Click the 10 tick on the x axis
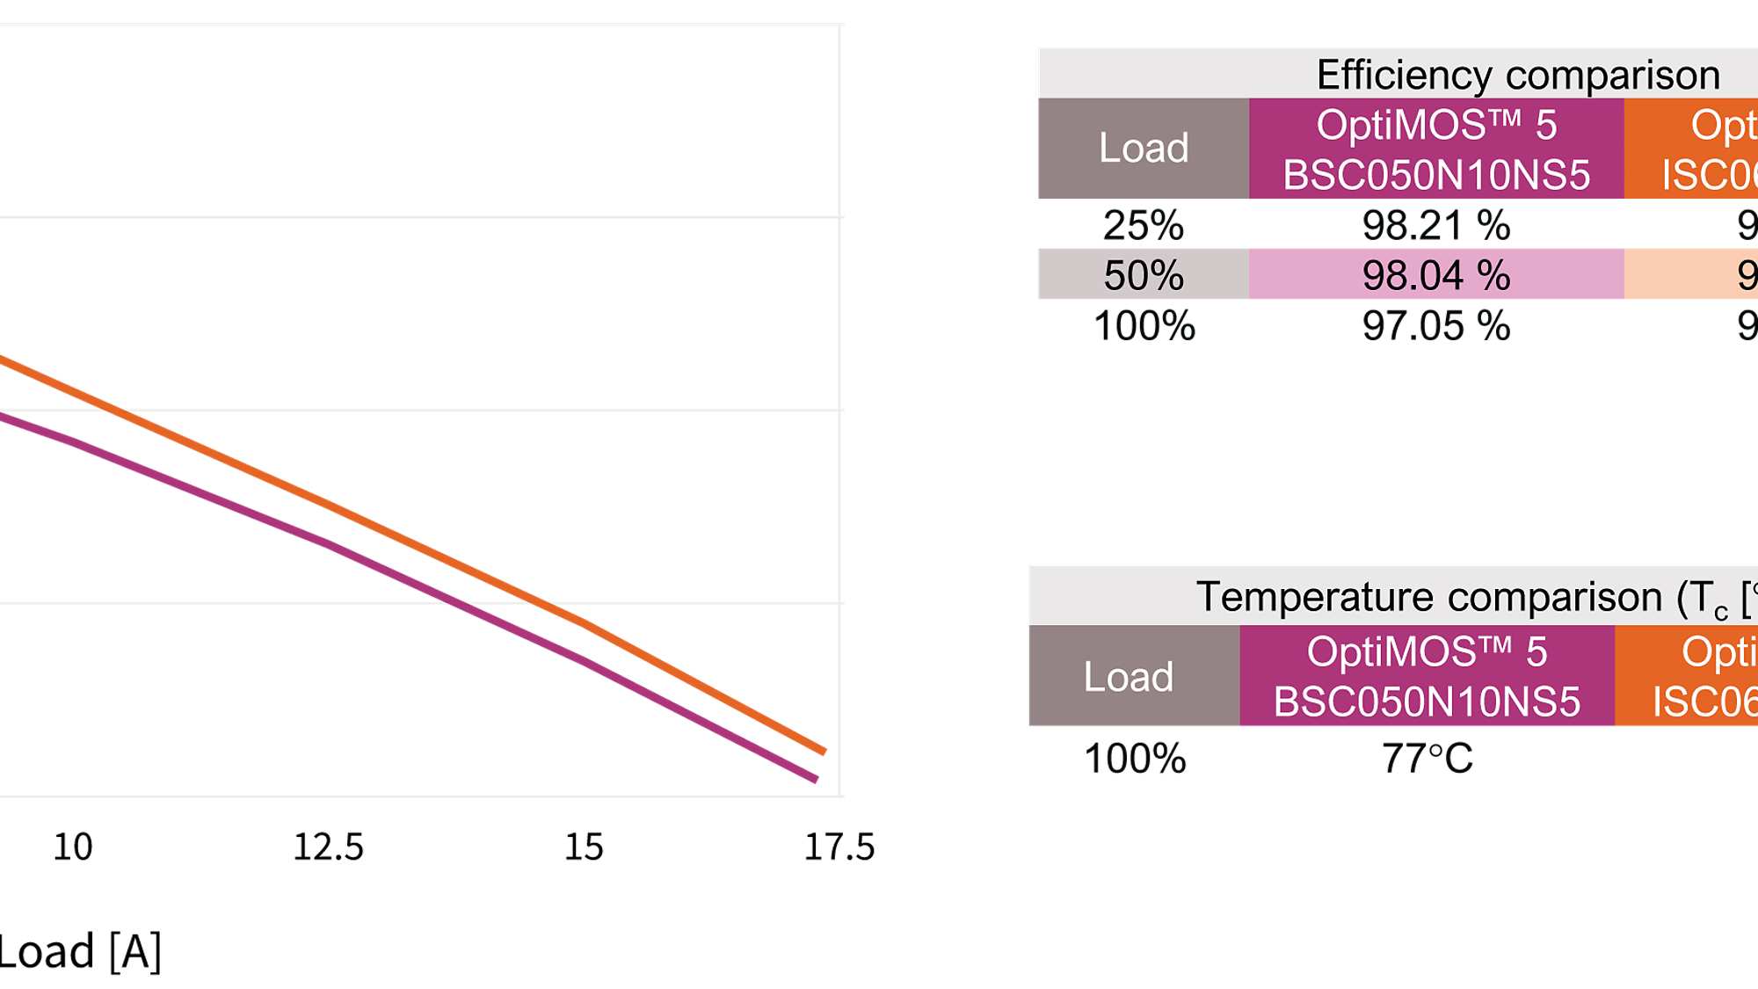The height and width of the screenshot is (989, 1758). pyautogui.click(x=72, y=847)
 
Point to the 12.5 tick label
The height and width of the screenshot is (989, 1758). pyautogui.click(x=328, y=847)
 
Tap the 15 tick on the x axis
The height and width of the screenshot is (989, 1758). pyautogui.click(x=584, y=847)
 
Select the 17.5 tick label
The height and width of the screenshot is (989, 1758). pyautogui.click(x=839, y=847)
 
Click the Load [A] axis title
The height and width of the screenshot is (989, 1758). pyautogui.click(x=79, y=951)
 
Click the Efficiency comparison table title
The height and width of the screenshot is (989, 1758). pyautogui.click(x=1517, y=75)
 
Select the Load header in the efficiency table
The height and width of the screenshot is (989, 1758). pyautogui.click(x=1143, y=148)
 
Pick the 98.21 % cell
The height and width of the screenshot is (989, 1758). pyautogui.click(x=1435, y=225)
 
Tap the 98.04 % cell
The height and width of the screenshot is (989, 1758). pyautogui.click(x=1435, y=275)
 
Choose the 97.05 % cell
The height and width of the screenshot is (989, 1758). pyautogui.click(x=1435, y=325)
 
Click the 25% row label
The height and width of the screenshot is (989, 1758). pyautogui.click(x=1143, y=225)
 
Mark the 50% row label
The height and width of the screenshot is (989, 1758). pyautogui.click(x=1143, y=275)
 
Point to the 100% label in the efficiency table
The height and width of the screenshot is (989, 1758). pyautogui.click(x=1144, y=325)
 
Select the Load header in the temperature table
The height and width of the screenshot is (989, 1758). pyautogui.click(x=1128, y=677)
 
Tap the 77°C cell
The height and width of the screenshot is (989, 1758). pyautogui.click(x=1427, y=758)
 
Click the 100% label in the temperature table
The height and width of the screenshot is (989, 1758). pyautogui.click(x=1135, y=758)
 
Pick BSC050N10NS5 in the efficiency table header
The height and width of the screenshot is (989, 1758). pyautogui.click(x=1435, y=174)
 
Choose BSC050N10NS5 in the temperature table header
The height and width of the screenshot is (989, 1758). pyautogui.click(x=1427, y=702)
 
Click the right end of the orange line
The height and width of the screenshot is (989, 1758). pyautogui.click(x=823, y=751)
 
